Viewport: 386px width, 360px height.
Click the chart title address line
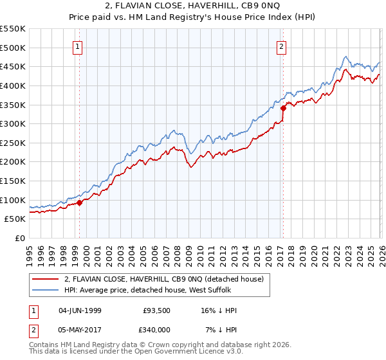click(x=193, y=6)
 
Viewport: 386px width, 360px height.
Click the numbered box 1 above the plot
click(x=77, y=46)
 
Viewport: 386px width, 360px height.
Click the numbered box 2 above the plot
click(x=282, y=46)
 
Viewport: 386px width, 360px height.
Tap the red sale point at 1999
click(x=80, y=203)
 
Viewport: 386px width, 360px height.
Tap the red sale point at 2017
click(x=282, y=109)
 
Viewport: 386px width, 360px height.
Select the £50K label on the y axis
click(x=15, y=219)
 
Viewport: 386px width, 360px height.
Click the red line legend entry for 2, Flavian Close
click(x=163, y=279)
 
